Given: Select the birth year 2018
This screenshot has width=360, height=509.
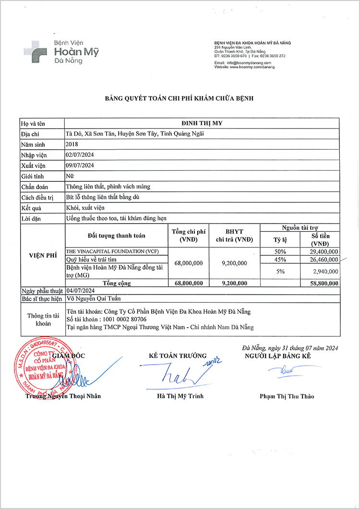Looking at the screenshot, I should point(72,144).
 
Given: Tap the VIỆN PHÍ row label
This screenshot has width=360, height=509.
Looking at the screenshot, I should point(42,256).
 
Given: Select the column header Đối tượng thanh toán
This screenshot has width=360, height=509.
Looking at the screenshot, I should point(117,236).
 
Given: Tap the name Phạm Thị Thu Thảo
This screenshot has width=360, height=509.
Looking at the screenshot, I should point(287,396).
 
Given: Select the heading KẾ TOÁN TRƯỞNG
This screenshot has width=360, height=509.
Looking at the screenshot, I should point(178,356).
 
